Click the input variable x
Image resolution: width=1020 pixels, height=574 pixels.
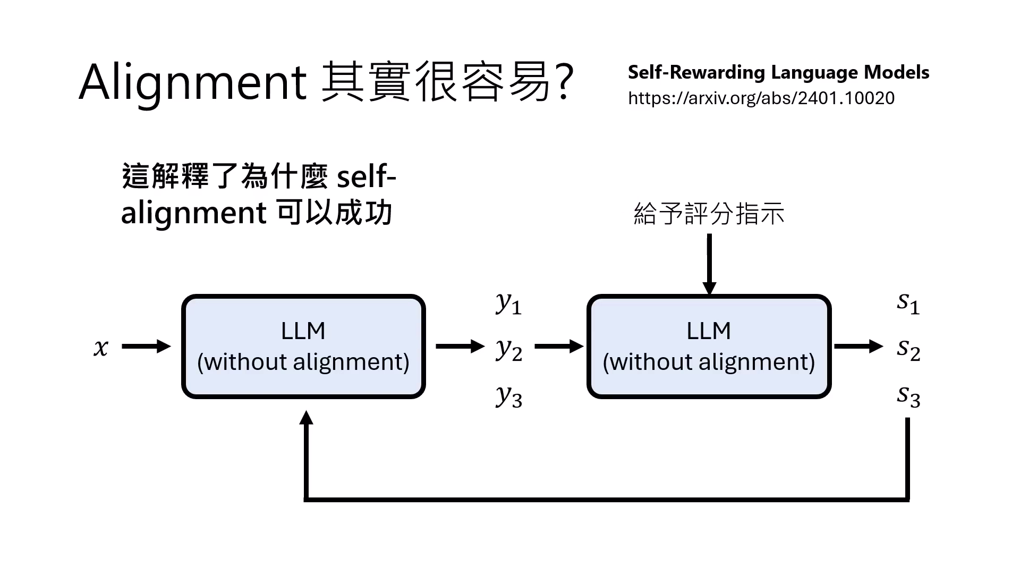click(101, 348)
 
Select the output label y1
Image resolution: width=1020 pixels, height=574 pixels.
click(508, 303)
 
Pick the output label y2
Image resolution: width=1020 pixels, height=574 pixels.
click(509, 350)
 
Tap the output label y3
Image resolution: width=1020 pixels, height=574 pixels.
click(509, 396)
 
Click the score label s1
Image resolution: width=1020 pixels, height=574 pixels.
click(908, 303)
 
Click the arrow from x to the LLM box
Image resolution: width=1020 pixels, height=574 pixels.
click(146, 347)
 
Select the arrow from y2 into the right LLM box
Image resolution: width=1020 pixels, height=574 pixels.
click(559, 347)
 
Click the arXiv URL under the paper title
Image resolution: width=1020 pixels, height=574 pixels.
click(761, 98)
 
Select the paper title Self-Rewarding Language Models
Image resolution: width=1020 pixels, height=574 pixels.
click(778, 72)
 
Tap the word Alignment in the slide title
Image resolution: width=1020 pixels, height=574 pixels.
click(193, 82)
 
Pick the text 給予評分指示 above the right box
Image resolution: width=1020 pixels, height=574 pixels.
click(709, 214)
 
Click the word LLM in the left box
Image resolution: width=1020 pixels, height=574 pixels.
click(303, 331)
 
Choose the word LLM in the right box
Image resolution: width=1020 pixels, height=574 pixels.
click(709, 331)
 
